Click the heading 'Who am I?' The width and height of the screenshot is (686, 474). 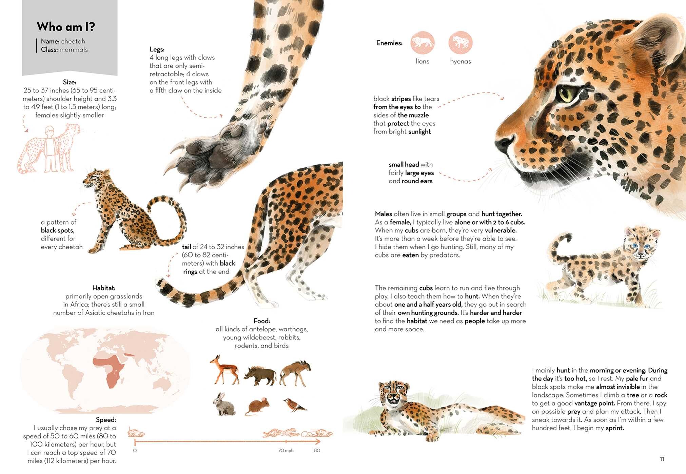(66, 26)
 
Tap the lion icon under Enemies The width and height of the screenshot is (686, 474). (423, 43)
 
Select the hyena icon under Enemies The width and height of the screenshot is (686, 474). (460, 43)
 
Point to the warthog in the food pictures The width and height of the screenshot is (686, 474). (260, 375)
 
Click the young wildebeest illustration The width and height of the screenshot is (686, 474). (295, 373)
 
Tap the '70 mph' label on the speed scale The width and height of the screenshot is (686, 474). (286, 451)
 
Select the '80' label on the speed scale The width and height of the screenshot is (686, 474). (317, 451)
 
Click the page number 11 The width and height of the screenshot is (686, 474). (662, 459)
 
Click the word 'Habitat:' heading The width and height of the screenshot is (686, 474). (104, 288)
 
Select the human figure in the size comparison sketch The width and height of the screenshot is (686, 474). (51, 149)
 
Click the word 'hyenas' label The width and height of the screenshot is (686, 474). (460, 61)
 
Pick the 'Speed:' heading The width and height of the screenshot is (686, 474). (106, 420)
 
